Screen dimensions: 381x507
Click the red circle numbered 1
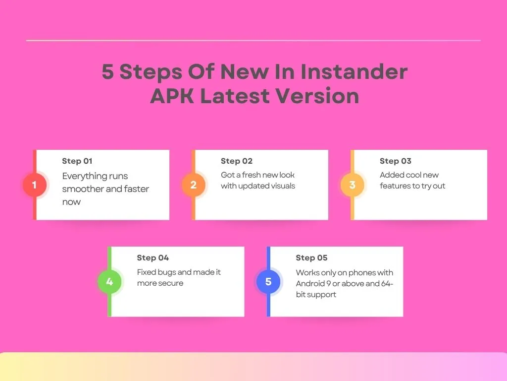[35, 185]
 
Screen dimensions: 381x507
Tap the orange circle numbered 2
[194, 185]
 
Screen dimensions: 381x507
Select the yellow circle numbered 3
[353, 185]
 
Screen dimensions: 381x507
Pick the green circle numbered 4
[109, 282]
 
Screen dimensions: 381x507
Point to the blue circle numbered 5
[268, 282]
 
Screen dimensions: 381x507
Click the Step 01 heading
[77, 161]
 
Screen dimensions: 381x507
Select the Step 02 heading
[237, 161]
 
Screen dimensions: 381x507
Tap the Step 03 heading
[396, 161]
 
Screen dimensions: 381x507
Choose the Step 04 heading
[153, 257]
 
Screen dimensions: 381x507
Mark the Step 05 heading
[312, 257]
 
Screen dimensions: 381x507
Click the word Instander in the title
[354, 72]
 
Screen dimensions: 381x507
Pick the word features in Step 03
[396, 186]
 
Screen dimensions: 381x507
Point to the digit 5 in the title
[107, 72]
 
